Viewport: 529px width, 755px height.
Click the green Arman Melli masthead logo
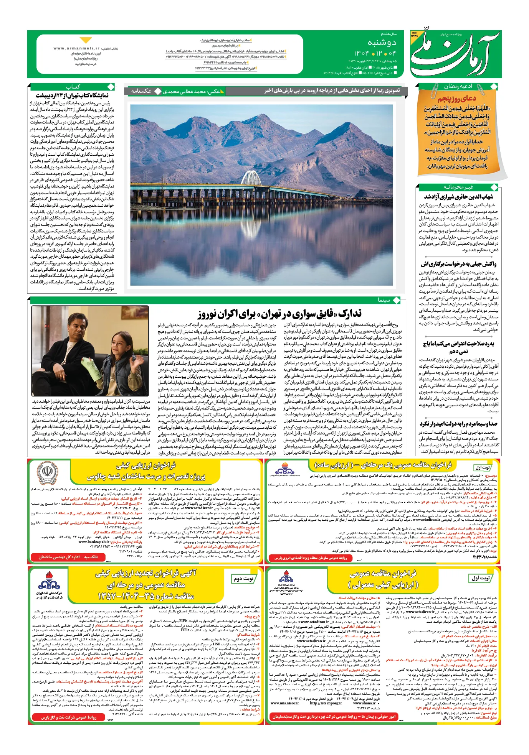(x=455, y=54)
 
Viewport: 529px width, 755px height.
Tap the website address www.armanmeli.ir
(x=76, y=48)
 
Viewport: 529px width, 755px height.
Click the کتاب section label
(x=73, y=87)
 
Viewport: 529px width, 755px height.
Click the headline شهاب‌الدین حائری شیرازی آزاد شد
(x=458, y=197)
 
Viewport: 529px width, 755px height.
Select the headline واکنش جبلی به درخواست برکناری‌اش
(x=458, y=264)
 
